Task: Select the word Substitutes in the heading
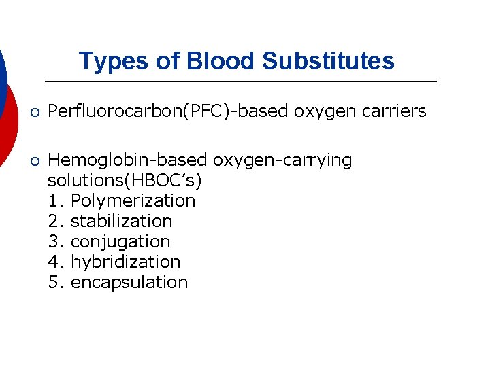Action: point(328,61)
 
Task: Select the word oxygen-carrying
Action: point(283,161)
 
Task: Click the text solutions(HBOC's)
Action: point(125,181)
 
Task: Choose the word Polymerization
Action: point(133,201)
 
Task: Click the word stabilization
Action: point(121,222)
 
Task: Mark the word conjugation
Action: point(120,242)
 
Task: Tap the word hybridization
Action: point(125,262)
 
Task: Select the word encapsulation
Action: point(129,283)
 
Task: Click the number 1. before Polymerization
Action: point(56,201)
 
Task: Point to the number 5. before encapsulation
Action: point(56,283)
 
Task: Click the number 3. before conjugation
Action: point(56,242)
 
